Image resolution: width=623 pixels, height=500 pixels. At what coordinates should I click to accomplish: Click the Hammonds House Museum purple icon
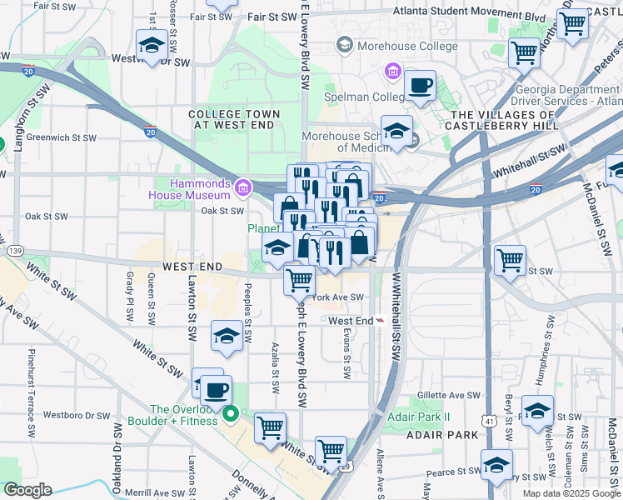coord(242,187)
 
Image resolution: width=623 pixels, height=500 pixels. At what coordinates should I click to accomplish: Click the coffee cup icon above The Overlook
coord(217,389)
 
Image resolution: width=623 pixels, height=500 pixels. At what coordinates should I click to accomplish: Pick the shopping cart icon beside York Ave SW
coord(299,279)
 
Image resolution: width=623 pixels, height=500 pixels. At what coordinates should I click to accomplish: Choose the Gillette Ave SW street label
coord(450,395)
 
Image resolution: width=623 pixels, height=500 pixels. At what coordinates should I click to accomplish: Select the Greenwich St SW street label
coord(62,137)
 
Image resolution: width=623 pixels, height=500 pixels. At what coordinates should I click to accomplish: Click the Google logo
coord(27,490)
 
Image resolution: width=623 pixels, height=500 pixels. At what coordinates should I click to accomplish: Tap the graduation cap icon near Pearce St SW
coord(496,465)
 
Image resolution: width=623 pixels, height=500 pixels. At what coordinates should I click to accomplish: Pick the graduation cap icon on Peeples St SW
coord(227,336)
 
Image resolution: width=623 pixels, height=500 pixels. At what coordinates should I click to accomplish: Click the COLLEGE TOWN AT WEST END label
coord(233,119)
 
